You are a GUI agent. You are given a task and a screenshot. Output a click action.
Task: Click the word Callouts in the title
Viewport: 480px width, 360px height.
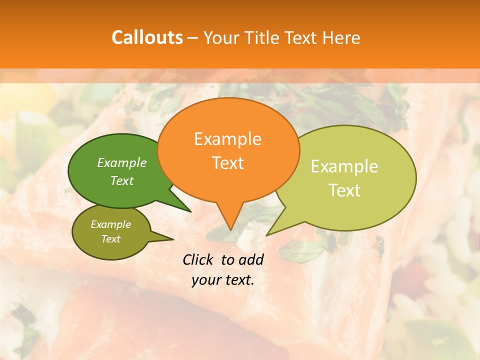[x=147, y=37]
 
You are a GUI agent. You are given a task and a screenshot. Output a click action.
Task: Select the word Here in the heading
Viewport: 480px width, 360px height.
[x=341, y=37]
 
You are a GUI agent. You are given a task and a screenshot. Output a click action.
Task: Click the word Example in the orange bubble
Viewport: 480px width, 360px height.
[x=227, y=139]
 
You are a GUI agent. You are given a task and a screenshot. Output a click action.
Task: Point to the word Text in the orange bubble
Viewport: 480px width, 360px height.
[x=227, y=163]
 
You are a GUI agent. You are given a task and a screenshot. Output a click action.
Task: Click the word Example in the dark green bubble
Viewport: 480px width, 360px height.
[x=122, y=162]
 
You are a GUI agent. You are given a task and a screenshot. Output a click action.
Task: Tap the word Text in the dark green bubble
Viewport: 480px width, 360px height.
[x=122, y=180]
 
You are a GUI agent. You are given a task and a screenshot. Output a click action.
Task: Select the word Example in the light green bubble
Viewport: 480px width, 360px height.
[x=344, y=166]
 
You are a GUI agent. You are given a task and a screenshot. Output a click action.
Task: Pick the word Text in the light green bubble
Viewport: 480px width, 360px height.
[x=344, y=190]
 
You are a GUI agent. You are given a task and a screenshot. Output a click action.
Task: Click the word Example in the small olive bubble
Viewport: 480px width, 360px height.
[x=110, y=224]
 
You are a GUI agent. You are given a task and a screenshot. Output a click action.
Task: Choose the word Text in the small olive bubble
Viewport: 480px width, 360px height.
[x=110, y=239]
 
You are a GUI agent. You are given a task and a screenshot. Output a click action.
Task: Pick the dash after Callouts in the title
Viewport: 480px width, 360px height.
[x=193, y=38]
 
